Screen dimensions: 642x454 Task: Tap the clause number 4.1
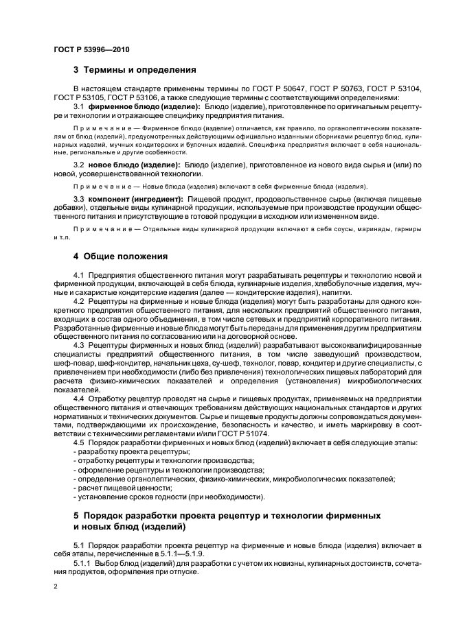pos(78,276)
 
